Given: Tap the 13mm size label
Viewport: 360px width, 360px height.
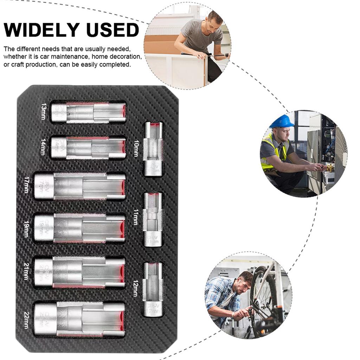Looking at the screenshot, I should click(43, 112).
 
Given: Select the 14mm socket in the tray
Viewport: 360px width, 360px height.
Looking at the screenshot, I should click(88, 147).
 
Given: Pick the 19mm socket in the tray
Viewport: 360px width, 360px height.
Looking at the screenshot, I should click(79, 228).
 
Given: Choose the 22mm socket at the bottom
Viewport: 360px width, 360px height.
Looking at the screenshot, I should click(79, 319).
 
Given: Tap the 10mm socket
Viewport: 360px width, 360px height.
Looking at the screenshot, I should click(153, 149).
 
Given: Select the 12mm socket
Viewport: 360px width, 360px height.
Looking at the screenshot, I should click(153, 289).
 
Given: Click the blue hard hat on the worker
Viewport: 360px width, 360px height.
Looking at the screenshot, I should click(282, 121).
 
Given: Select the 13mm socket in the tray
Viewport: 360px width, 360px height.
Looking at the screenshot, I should click(88, 112).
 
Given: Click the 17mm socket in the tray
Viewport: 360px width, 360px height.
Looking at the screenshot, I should click(79, 186).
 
